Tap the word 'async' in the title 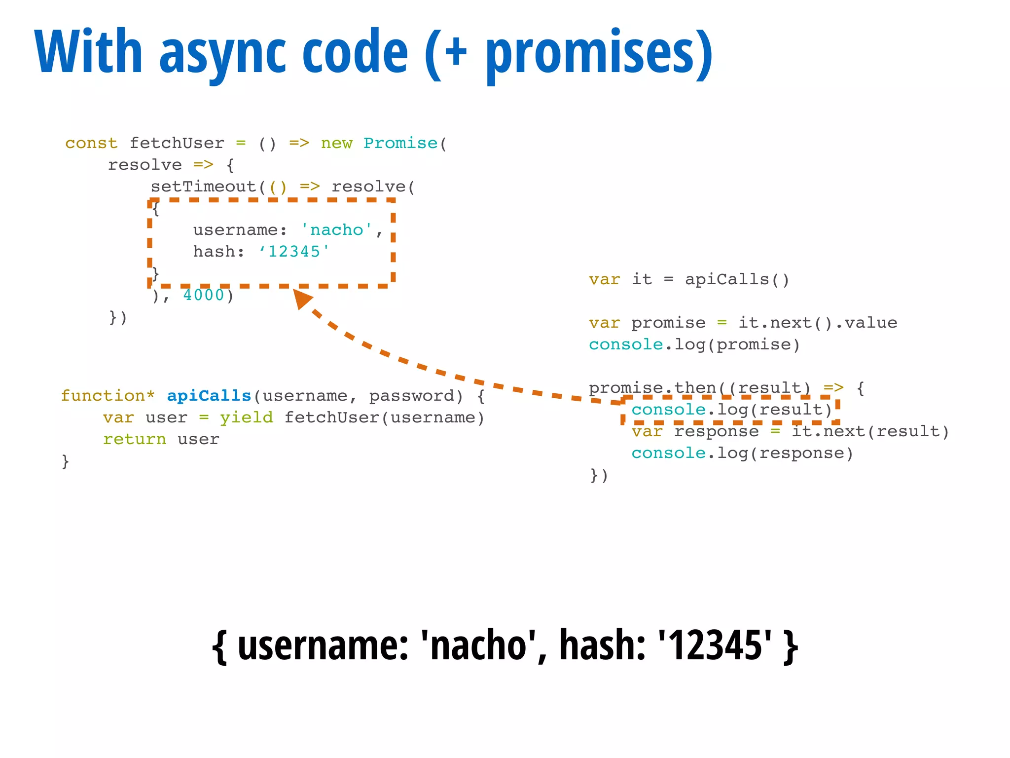click(222, 53)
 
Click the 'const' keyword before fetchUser click(91, 143)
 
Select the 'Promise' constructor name click(400, 143)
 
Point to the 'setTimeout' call click(203, 187)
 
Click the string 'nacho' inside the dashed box click(336, 230)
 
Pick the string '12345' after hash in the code click(294, 252)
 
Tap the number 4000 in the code click(204, 295)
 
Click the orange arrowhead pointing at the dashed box click(302, 298)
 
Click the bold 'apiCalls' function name click(209, 396)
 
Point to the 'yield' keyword click(246, 417)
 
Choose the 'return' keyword click(134, 439)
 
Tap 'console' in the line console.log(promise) click(625, 344)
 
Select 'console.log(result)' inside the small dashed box click(731, 410)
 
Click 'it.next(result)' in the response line click(870, 431)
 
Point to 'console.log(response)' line click(742, 453)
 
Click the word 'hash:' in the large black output click(602, 645)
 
